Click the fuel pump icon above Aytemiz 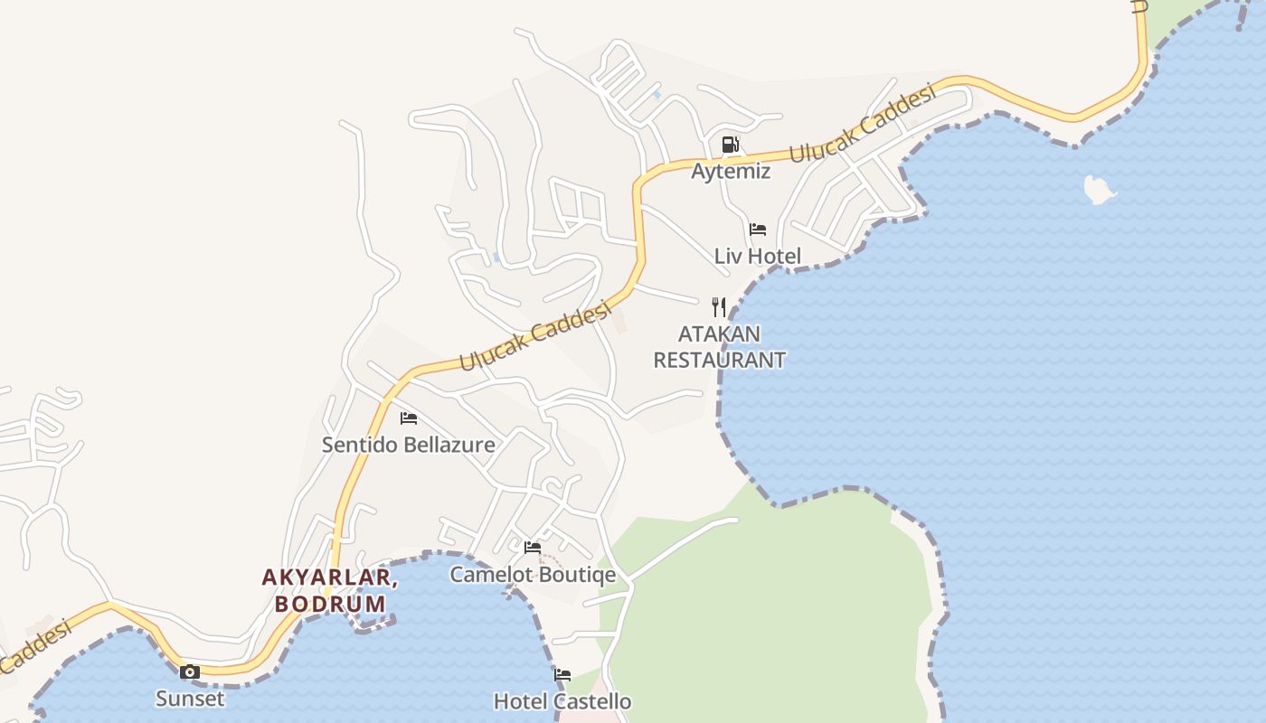[x=730, y=145]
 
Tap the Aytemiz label [x=731, y=171]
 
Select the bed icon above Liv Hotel [x=758, y=230]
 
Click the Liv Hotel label [x=758, y=256]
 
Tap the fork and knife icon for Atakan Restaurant [x=719, y=307]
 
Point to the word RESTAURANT [x=719, y=360]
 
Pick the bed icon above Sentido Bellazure [x=409, y=418]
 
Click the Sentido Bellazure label [x=409, y=445]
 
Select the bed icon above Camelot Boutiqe [x=533, y=548]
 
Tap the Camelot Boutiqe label [x=533, y=575]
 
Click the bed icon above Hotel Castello [x=562, y=675]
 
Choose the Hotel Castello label [x=562, y=701]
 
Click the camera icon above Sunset [x=190, y=671]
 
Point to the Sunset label [x=190, y=698]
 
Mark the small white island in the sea [x=1099, y=189]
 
